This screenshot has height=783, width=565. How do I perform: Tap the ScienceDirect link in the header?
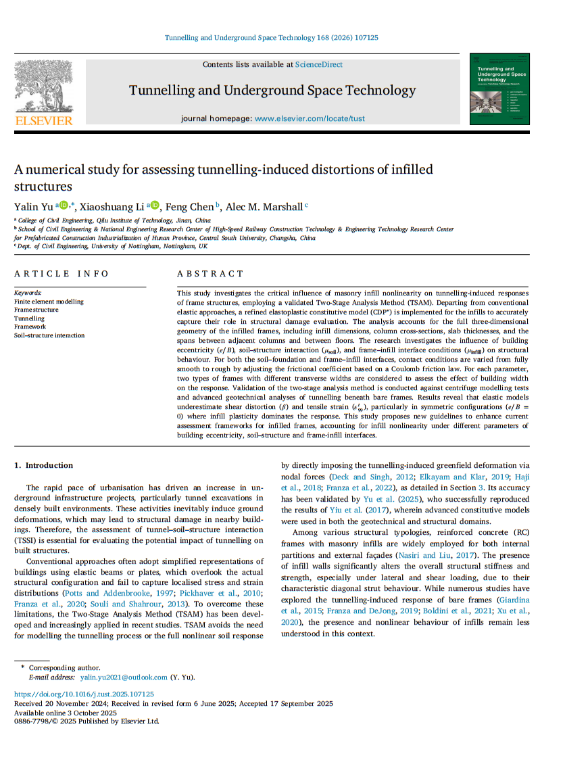pos(318,64)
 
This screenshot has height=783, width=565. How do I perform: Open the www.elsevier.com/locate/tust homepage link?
pos(310,118)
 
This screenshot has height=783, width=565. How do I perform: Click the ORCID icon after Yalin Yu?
pos(64,205)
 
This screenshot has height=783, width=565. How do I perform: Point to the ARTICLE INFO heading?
pos(62,273)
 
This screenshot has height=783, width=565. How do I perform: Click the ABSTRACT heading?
pos(210,273)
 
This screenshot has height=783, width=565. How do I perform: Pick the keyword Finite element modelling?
pos(49,302)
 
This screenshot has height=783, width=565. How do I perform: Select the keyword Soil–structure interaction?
pos(49,335)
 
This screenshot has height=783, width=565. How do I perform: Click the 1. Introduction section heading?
pos(44,465)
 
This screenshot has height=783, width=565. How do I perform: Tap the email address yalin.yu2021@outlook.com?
pos(124,677)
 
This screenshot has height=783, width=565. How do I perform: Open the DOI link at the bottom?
pos(84,694)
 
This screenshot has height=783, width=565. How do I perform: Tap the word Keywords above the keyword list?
pos(28,293)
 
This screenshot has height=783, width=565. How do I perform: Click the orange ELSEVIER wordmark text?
pos(43,120)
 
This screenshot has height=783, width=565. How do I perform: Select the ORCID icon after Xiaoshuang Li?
pos(155,205)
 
